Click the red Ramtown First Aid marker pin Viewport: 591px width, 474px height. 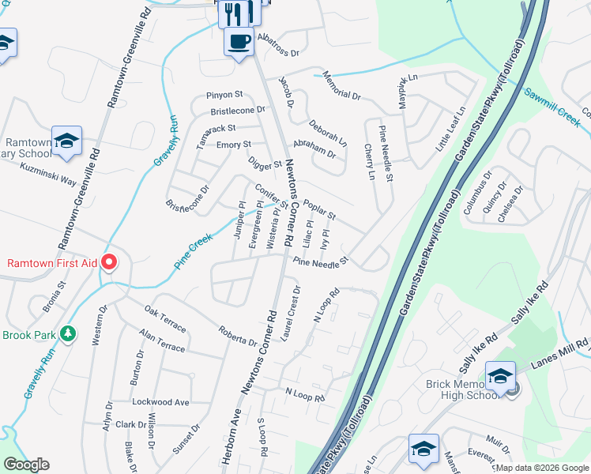pos(110,261)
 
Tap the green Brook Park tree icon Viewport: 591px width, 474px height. pos(69,334)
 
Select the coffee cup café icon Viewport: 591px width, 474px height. pos(238,40)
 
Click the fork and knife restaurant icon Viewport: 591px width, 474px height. pos(237,12)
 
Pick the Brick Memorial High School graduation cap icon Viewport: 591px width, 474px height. pos(499,374)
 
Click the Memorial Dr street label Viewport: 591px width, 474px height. pos(341,88)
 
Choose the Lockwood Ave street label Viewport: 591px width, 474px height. pos(161,402)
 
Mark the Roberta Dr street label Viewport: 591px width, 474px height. pos(238,337)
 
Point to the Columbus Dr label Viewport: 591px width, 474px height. pos(477,193)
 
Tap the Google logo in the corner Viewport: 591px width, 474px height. pos(27,465)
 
